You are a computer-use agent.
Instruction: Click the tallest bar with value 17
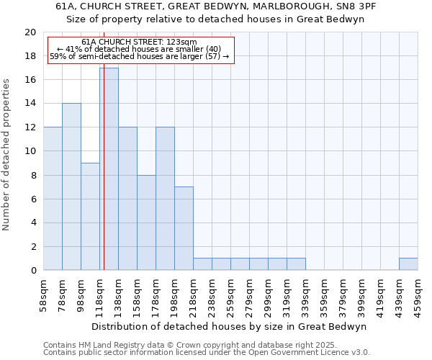click(109, 169)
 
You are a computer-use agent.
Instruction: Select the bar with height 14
click(71, 186)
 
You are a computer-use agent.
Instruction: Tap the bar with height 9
click(90, 216)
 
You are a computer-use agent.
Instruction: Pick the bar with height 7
click(184, 228)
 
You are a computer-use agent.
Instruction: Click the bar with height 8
click(146, 222)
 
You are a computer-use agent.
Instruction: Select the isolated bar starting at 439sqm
click(408, 264)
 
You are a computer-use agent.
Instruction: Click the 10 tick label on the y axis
click(30, 151)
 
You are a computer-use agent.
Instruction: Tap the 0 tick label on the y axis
click(33, 271)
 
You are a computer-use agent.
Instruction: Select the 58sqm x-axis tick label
click(43, 294)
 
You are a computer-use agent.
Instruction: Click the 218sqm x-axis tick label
click(193, 294)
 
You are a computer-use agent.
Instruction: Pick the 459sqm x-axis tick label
click(418, 294)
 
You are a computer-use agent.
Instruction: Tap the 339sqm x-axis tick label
click(305, 294)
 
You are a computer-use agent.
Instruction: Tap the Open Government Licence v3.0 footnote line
click(207, 353)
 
